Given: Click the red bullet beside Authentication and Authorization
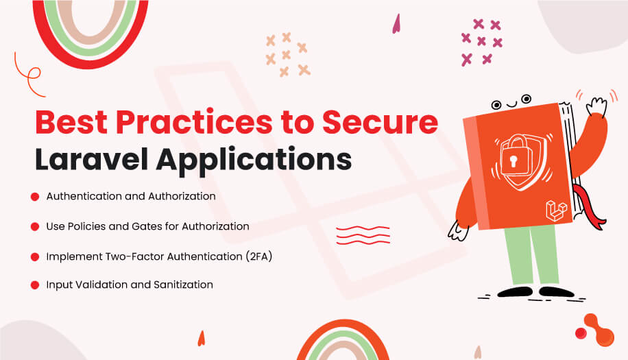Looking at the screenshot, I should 34,197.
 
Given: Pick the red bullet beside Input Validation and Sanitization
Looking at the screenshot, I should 34,285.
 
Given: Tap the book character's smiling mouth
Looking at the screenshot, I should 510,105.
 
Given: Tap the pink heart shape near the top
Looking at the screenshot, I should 396,24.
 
